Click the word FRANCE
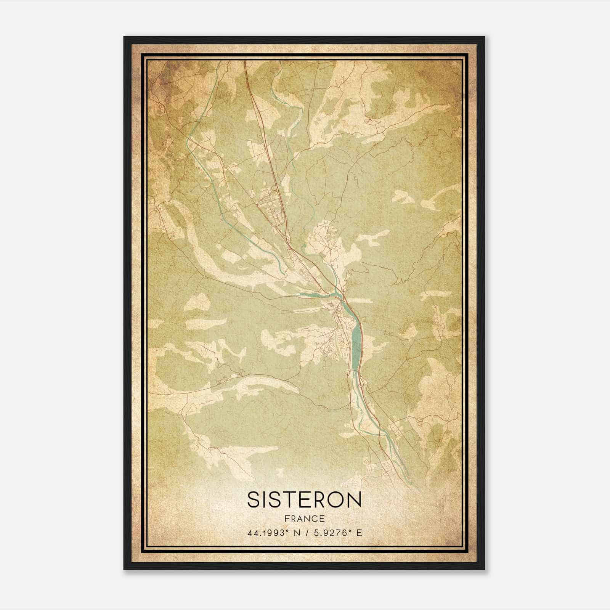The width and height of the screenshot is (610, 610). point(304,518)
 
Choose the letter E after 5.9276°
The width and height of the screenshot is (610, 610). point(359,533)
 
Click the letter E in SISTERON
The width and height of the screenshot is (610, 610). point(301,499)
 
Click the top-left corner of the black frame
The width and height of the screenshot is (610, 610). point(125,37)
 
